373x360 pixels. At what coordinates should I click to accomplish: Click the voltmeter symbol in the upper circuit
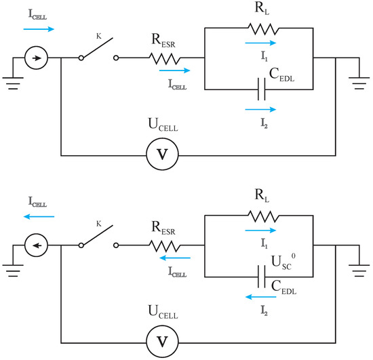click(x=161, y=154)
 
